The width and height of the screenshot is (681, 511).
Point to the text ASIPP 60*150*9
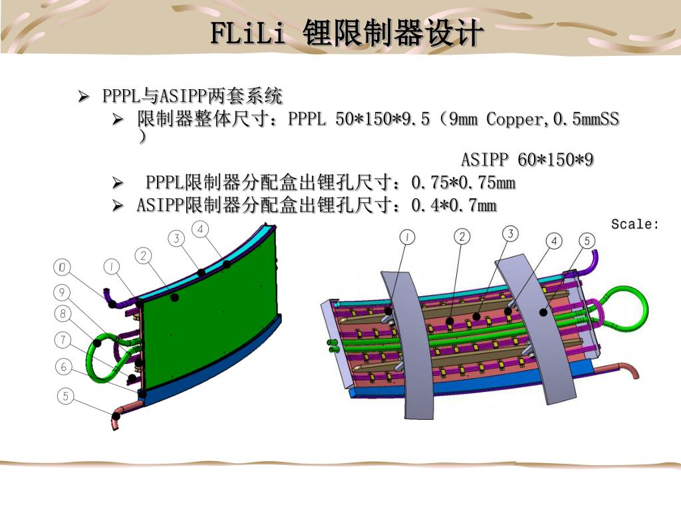(x=527, y=160)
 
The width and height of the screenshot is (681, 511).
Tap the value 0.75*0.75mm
(x=464, y=182)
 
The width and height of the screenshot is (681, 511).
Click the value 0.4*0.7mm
(x=454, y=206)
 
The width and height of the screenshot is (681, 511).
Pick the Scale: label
(x=634, y=224)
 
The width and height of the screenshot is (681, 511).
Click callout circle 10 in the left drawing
(x=62, y=267)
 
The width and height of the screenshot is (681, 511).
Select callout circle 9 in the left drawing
(x=62, y=292)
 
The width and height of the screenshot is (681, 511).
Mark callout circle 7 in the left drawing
(x=63, y=341)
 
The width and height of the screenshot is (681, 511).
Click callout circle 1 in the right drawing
(x=407, y=236)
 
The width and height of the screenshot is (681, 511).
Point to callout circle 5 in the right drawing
(x=586, y=240)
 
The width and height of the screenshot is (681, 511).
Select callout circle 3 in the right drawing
(x=510, y=233)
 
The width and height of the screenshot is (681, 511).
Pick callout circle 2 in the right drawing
(x=462, y=236)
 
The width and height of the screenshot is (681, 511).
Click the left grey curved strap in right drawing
(x=406, y=346)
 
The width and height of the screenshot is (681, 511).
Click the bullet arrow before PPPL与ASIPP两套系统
(x=84, y=97)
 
